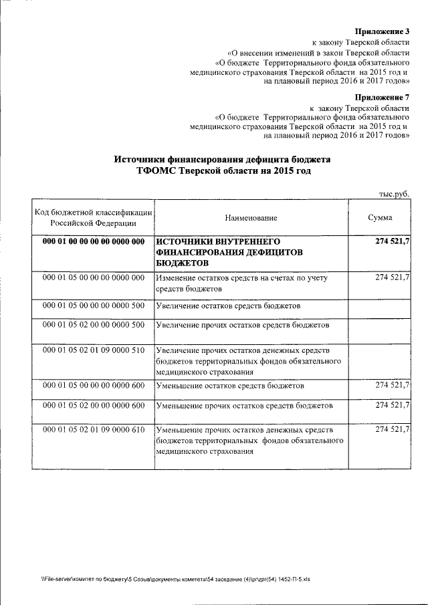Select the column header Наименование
pyautogui.click(x=251, y=218)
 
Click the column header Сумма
pyautogui.click(x=380, y=218)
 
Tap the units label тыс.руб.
pyautogui.click(x=394, y=193)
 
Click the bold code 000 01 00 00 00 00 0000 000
pyautogui.click(x=94, y=241)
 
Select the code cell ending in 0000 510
pyautogui.click(x=94, y=350)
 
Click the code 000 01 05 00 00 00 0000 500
pyautogui.click(x=94, y=306)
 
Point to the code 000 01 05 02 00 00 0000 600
pyautogui.click(x=94, y=406)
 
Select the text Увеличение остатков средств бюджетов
pyautogui.click(x=227, y=306)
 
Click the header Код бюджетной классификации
pyautogui.click(x=94, y=212)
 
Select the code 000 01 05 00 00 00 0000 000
pyautogui.click(x=94, y=277)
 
